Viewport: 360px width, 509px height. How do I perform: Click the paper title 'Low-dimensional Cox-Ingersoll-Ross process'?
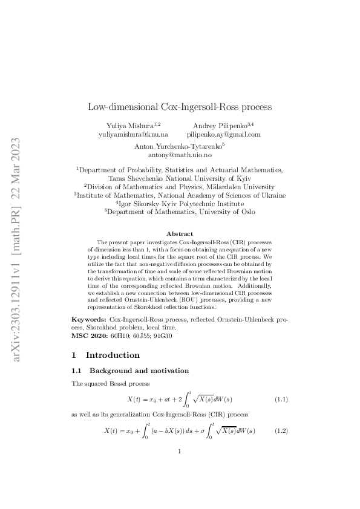[180, 107]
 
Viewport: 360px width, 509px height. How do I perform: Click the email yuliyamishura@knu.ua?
[133, 134]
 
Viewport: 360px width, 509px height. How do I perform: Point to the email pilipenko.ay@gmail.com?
[224, 134]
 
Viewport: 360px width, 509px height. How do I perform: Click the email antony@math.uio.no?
[180, 155]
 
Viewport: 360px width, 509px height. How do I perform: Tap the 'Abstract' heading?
[180, 233]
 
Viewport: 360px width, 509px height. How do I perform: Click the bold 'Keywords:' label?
[89, 318]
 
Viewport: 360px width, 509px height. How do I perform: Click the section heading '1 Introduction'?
[105, 355]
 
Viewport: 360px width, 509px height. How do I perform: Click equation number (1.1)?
[281, 400]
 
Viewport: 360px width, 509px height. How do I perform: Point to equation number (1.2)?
[281, 430]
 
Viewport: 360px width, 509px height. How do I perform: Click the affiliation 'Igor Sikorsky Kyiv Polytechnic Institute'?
[180, 204]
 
